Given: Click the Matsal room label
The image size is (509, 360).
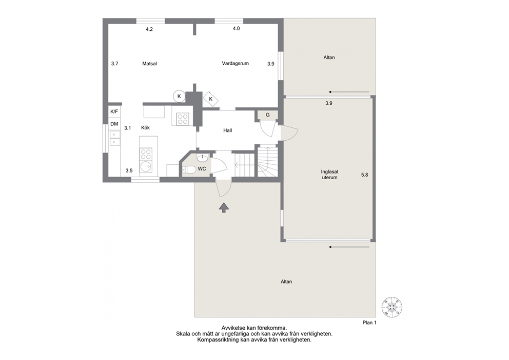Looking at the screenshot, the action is tap(149, 64).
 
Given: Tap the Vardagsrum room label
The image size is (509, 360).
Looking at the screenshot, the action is tap(236, 63).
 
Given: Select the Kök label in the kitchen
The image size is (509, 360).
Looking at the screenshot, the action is tap(145, 128).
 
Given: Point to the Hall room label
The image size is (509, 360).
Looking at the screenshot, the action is tap(227, 130).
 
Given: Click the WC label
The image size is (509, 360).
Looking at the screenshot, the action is tap(202, 169).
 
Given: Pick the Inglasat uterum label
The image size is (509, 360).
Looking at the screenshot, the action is tap(329, 175).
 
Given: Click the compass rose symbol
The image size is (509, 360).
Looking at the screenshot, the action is tap(392, 307).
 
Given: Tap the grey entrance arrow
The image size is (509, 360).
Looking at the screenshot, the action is tap(224, 207).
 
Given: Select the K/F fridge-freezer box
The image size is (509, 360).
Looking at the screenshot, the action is tap(114, 112).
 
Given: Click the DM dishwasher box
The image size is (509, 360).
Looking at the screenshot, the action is tap(114, 124).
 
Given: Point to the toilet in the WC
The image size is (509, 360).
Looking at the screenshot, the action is tap(188, 169).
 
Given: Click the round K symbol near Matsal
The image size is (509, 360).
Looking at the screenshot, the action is tap(179, 96).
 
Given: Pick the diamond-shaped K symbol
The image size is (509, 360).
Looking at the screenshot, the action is tap(211, 99).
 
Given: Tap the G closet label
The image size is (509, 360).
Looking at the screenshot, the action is tap(268, 115).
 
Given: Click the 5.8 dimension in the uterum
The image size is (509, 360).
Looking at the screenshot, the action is tap(364, 175).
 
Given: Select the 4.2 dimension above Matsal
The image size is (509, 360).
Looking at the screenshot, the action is tap(149, 29).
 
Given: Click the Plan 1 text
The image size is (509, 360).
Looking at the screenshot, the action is tap(369, 323).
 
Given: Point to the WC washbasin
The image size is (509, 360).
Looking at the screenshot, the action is tap(203, 158).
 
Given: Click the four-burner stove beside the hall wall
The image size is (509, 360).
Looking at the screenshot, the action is tap(183, 118).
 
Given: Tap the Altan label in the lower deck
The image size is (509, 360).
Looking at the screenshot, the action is tap(286, 282).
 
